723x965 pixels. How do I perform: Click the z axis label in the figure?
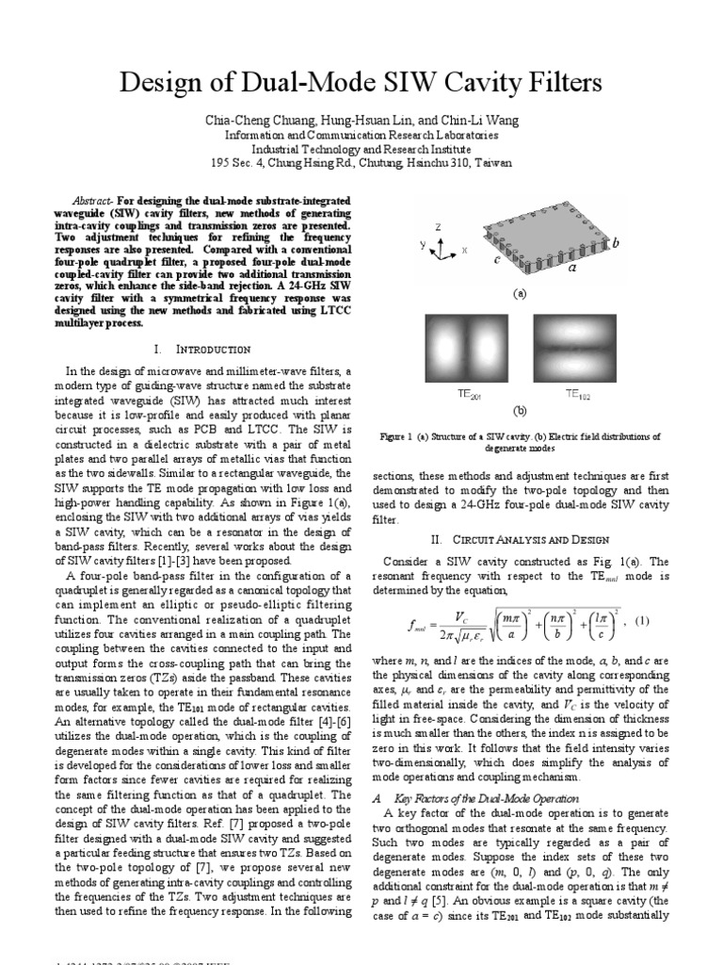click(438, 228)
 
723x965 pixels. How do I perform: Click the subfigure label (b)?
click(519, 412)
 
